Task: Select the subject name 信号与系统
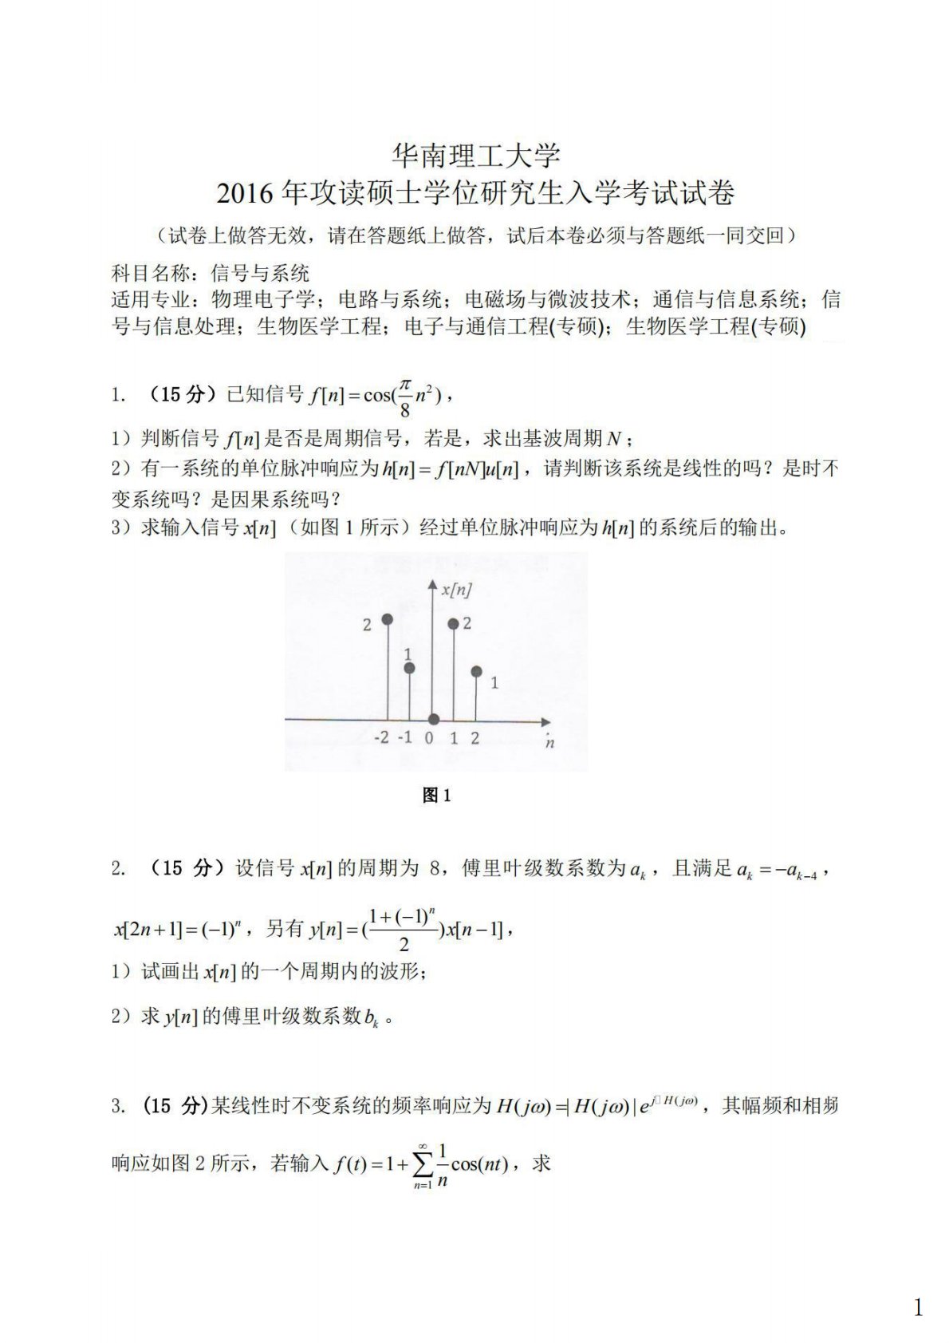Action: click(x=260, y=274)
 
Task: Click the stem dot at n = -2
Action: click(x=388, y=619)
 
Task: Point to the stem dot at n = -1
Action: click(x=409, y=668)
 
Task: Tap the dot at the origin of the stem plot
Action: click(x=432, y=719)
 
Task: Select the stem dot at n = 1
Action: click(x=454, y=624)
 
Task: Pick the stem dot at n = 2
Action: click(x=476, y=672)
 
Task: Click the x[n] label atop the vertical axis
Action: click(x=455, y=591)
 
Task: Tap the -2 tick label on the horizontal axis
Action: click(x=381, y=737)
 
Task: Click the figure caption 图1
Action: click(x=436, y=795)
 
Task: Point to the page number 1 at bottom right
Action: click(x=918, y=1308)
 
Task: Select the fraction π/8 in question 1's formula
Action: click(x=405, y=397)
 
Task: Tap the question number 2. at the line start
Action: click(x=118, y=869)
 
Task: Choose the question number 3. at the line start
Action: click(x=118, y=1106)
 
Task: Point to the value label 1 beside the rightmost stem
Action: click(x=494, y=683)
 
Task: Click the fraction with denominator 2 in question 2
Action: click(x=403, y=930)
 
